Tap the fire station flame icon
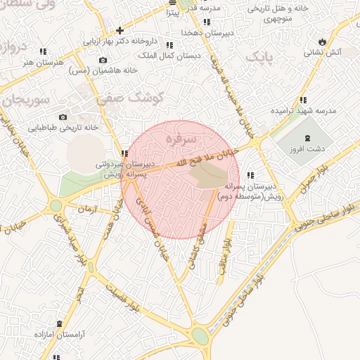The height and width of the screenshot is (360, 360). (x=323, y=41)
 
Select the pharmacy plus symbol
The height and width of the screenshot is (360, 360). (x=120, y=30)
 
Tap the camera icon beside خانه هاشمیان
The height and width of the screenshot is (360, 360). (x=104, y=60)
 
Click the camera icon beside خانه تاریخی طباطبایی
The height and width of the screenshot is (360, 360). (x=63, y=117)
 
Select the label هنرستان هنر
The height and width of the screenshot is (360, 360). (x=43, y=61)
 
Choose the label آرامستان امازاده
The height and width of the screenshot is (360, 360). (x=59, y=335)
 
